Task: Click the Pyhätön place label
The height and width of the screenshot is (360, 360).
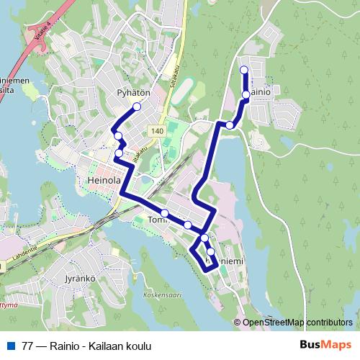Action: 133,93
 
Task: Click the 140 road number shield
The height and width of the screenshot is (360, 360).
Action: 157,131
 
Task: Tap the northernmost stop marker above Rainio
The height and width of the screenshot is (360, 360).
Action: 243,70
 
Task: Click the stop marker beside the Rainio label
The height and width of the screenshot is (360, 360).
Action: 246,94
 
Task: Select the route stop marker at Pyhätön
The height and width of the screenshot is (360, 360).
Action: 136,107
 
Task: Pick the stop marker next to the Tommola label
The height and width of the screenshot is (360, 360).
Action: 165,213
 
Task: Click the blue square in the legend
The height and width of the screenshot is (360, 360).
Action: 10,346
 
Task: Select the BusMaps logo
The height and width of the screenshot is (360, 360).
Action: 325,346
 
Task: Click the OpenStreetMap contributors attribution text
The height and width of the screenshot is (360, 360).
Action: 297,322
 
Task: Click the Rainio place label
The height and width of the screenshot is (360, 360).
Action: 261,94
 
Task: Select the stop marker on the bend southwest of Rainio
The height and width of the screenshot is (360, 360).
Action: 230,125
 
